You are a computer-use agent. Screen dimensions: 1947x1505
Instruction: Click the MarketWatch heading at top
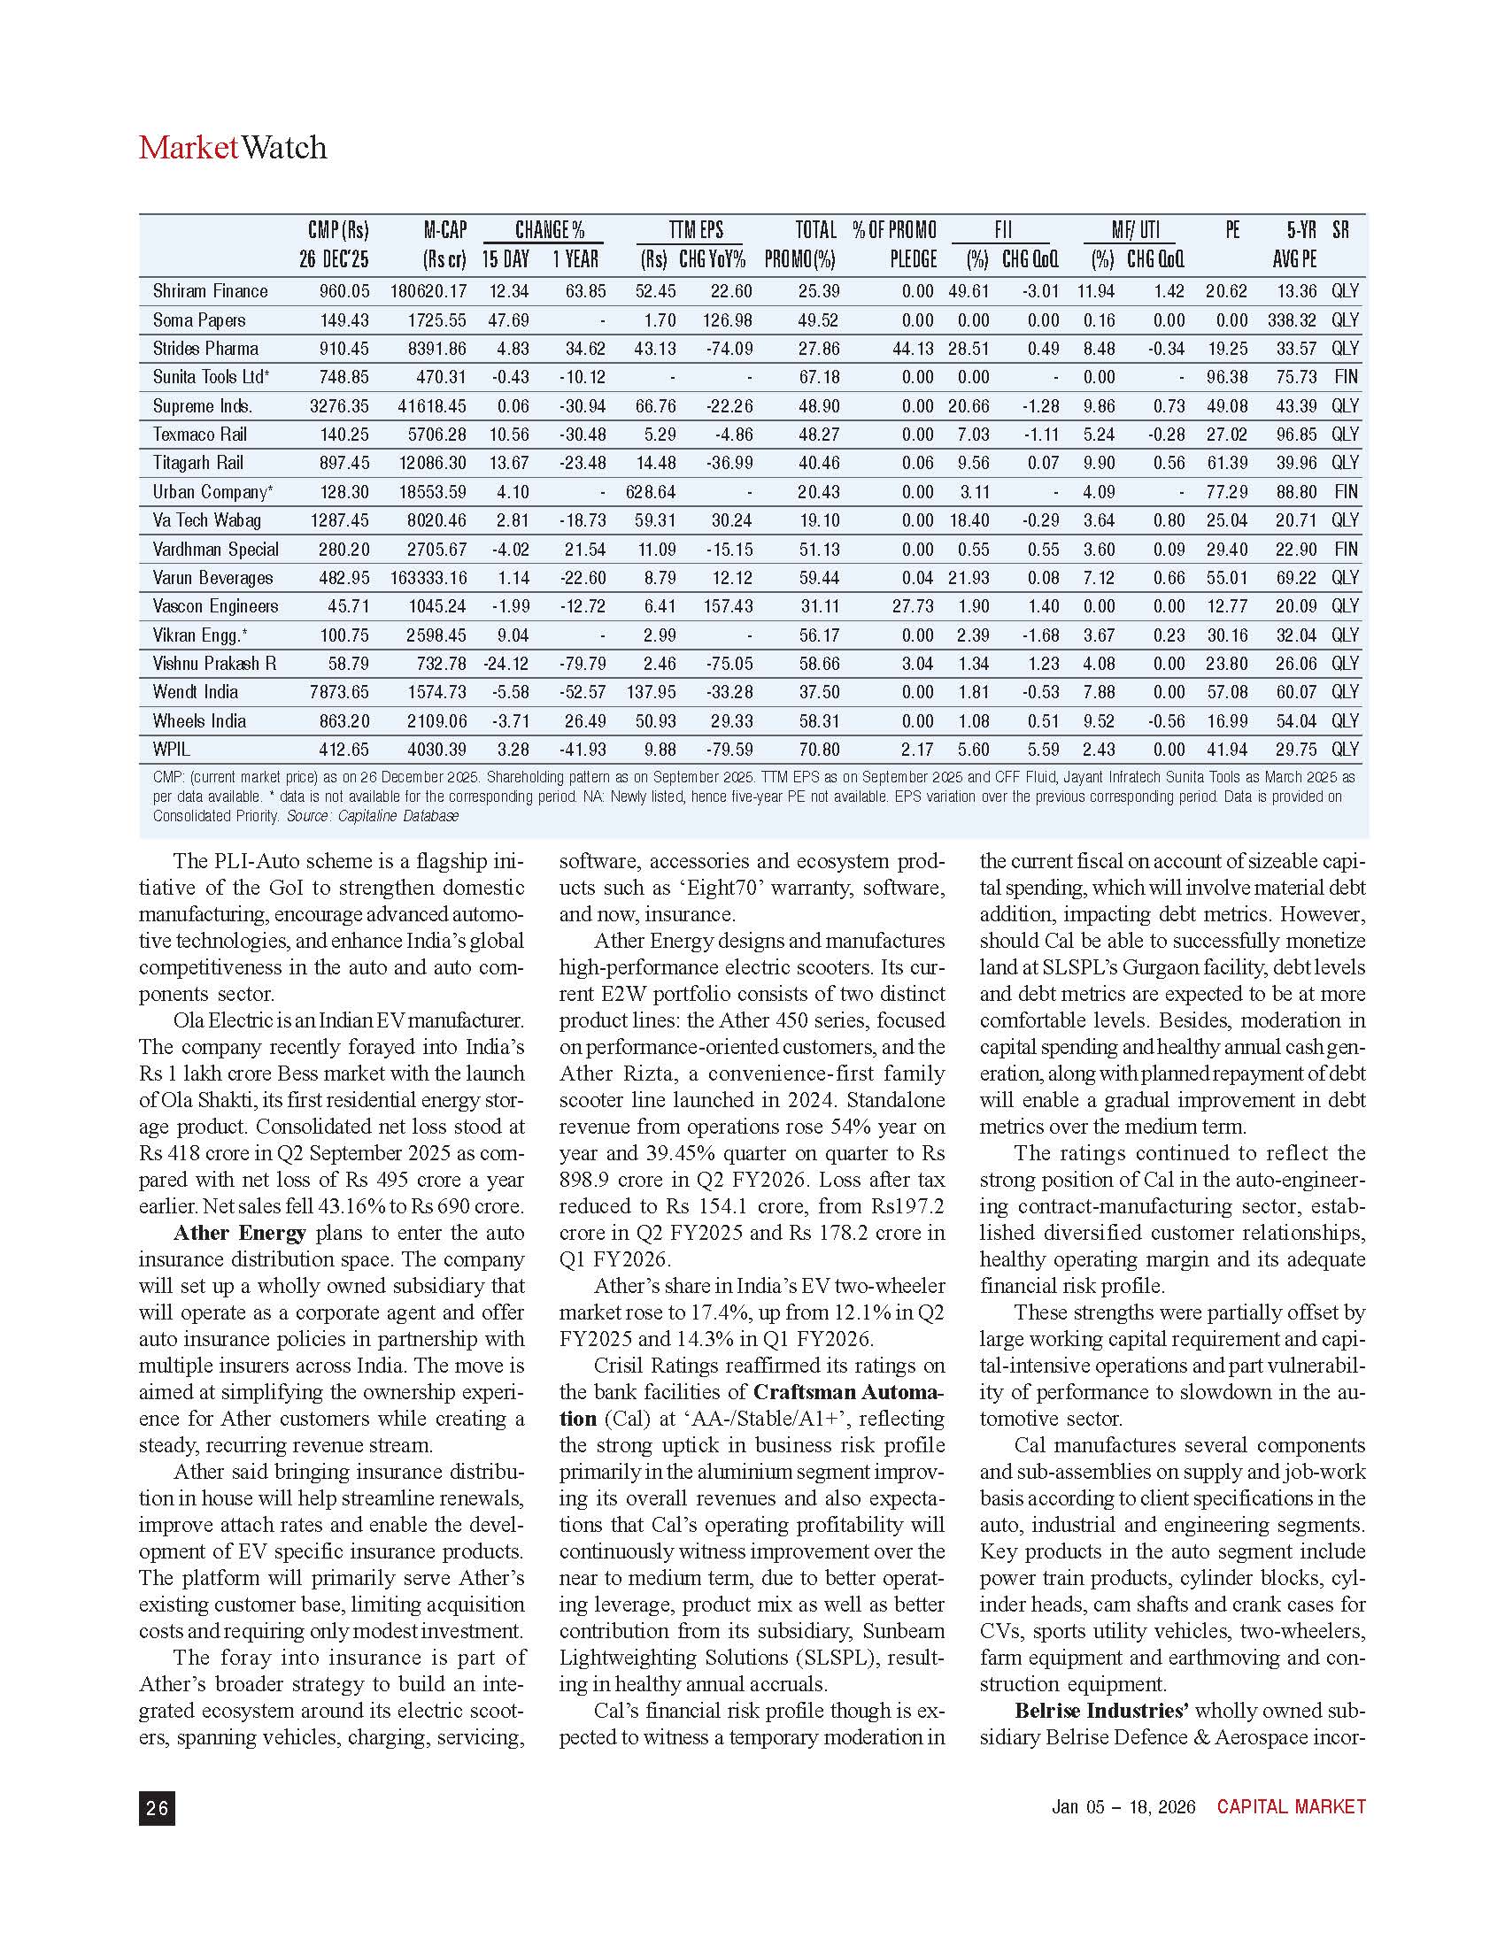tap(233, 147)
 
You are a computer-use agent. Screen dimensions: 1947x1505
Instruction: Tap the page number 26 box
tap(157, 1807)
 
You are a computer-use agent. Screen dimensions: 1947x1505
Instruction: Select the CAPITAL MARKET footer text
tap(1291, 1806)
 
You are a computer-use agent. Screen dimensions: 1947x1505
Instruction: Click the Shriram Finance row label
tap(210, 290)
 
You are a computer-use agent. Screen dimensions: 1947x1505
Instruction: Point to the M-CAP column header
tap(445, 230)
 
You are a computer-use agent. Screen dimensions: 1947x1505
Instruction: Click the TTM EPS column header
tap(696, 230)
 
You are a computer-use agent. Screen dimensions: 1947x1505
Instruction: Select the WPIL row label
tap(171, 749)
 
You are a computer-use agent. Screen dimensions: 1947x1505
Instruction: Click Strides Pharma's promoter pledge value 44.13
tap(911, 348)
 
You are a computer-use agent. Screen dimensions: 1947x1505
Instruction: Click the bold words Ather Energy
tap(240, 1232)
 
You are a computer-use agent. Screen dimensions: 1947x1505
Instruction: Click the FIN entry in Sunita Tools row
tap(1346, 376)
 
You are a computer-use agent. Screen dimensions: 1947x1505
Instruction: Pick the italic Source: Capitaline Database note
tap(372, 815)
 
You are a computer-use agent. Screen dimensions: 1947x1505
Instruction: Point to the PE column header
tap(1232, 230)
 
